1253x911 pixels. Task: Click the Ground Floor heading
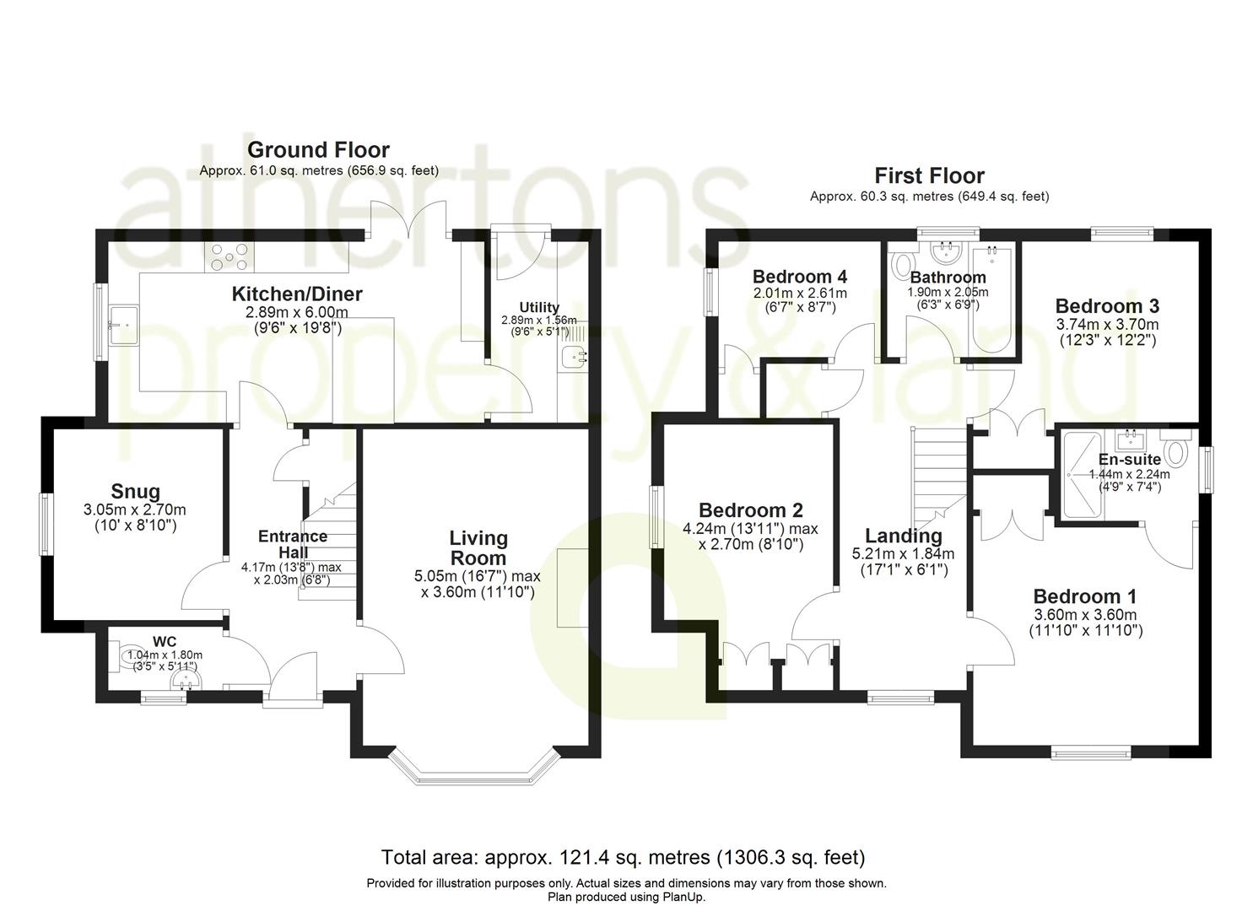pyautogui.click(x=318, y=150)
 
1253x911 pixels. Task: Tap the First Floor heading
pyautogui.click(x=929, y=175)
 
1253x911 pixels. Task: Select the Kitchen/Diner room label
pyautogui.click(x=297, y=294)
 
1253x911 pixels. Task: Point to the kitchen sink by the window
pyautogui.click(x=124, y=325)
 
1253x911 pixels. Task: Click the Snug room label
pyautogui.click(x=135, y=491)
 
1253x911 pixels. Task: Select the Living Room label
pyautogui.click(x=478, y=548)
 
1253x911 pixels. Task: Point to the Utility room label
pyautogui.click(x=539, y=307)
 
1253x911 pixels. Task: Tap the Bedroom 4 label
pyautogui.click(x=799, y=277)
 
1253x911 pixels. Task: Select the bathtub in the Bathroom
pyautogui.click(x=991, y=301)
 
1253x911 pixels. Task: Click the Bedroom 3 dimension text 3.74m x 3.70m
pyautogui.click(x=1107, y=325)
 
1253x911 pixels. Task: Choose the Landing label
pyautogui.click(x=904, y=535)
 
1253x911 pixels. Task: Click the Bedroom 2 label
pyautogui.click(x=751, y=510)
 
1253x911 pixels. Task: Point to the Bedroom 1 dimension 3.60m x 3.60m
pyautogui.click(x=1085, y=615)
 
